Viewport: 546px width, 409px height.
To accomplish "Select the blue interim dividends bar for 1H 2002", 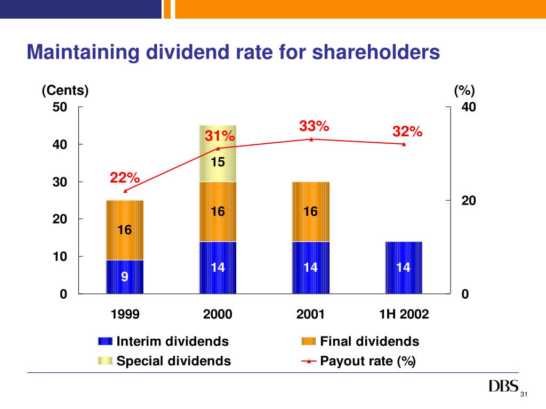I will click(x=404, y=267).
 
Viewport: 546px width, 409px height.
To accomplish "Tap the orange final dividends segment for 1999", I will click(x=125, y=230).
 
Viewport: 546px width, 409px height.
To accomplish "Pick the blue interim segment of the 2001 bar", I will click(x=311, y=267).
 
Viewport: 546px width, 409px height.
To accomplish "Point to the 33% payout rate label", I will click(x=314, y=127).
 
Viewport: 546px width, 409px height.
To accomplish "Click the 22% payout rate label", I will click(x=125, y=178).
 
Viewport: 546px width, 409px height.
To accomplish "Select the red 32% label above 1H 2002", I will click(x=407, y=132).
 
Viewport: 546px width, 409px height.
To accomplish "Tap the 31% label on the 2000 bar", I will click(x=220, y=136).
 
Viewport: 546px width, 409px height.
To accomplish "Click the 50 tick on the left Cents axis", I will click(x=60, y=107).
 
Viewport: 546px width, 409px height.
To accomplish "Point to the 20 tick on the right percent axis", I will click(x=469, y=201).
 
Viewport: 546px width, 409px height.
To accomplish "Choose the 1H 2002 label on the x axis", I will click(x=404, y=314).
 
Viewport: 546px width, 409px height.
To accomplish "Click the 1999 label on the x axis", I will click(x=125, y=314).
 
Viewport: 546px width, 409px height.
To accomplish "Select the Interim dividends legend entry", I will click(x=172, y=341).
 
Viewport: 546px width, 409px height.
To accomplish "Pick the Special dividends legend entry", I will click(x=173, y=361).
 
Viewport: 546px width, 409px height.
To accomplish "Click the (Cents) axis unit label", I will click(x=65, y=91).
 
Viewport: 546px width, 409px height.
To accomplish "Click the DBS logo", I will click(x=503, y=386).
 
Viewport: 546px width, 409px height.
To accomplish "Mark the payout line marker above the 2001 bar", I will click(x=311, y=139).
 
